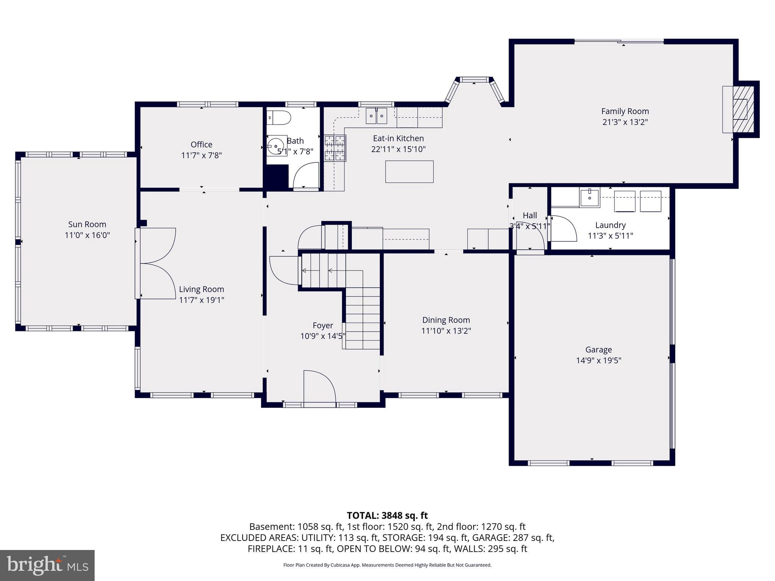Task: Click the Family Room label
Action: (625, 111)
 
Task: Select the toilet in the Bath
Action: (279, 118)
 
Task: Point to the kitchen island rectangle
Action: (409, 172)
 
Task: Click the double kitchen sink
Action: (377, 115)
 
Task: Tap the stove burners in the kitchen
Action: (335, 148)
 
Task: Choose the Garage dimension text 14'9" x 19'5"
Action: (598, 360)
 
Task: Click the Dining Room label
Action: (446, 320)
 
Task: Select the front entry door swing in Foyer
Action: (319, 387)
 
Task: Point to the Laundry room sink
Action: (589, 198)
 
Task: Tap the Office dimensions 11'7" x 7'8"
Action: (201, 155)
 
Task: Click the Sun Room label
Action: (87, 224)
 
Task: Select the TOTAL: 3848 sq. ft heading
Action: (387, 516)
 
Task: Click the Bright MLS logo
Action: (47, 565)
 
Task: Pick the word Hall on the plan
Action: (529, 216)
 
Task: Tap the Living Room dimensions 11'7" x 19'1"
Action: (201, 300)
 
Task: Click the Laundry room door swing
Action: (563, 228)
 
